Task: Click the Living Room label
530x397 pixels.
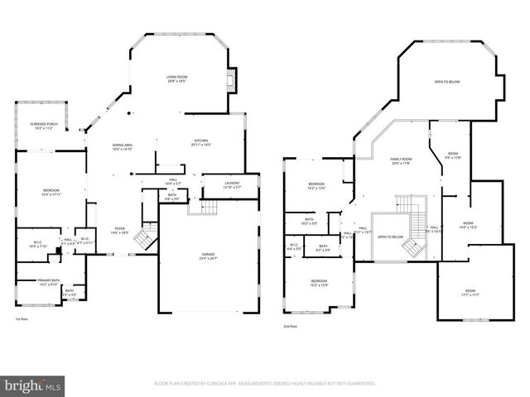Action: (x=176, y=79)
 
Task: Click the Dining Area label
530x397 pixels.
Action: (x=122, y=147)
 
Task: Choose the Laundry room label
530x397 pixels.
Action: (x=232, y=184)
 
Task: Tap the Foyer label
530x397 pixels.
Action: (x=120, y=231)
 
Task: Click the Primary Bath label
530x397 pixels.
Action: (x=48, y=281)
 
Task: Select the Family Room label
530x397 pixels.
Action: (x=401, y=161)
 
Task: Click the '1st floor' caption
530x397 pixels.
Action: (x=22, y=318)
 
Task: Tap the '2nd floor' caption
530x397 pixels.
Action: (x=290, y=326)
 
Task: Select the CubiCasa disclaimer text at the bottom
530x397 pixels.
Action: (x=265, y=384)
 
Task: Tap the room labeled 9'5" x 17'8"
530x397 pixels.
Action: (x=453, y=155)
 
